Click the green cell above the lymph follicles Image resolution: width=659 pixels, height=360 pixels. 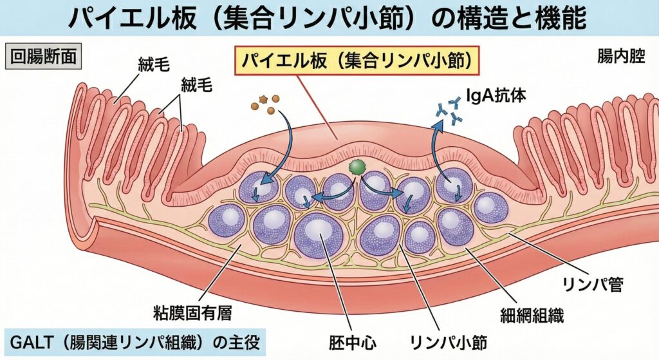tap(356, 167)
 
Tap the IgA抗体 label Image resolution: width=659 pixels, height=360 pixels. tap(499, 96)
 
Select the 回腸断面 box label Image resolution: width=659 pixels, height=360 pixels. tap(42, 57)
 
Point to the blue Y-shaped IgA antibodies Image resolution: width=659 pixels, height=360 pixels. tap(450, 109)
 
